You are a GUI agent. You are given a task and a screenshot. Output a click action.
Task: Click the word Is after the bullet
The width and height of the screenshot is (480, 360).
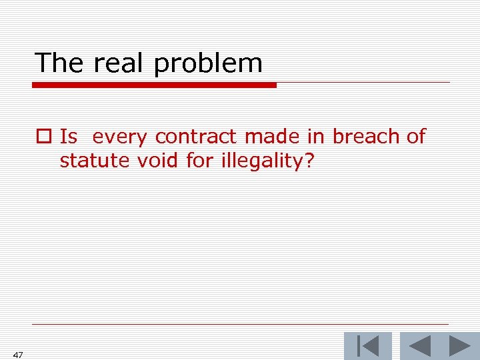(x=69, y=137)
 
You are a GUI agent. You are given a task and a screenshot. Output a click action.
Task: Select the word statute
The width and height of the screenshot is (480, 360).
(x=88, y=161)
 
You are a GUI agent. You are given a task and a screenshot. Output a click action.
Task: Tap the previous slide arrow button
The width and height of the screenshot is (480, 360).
(x=419, y=346)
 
